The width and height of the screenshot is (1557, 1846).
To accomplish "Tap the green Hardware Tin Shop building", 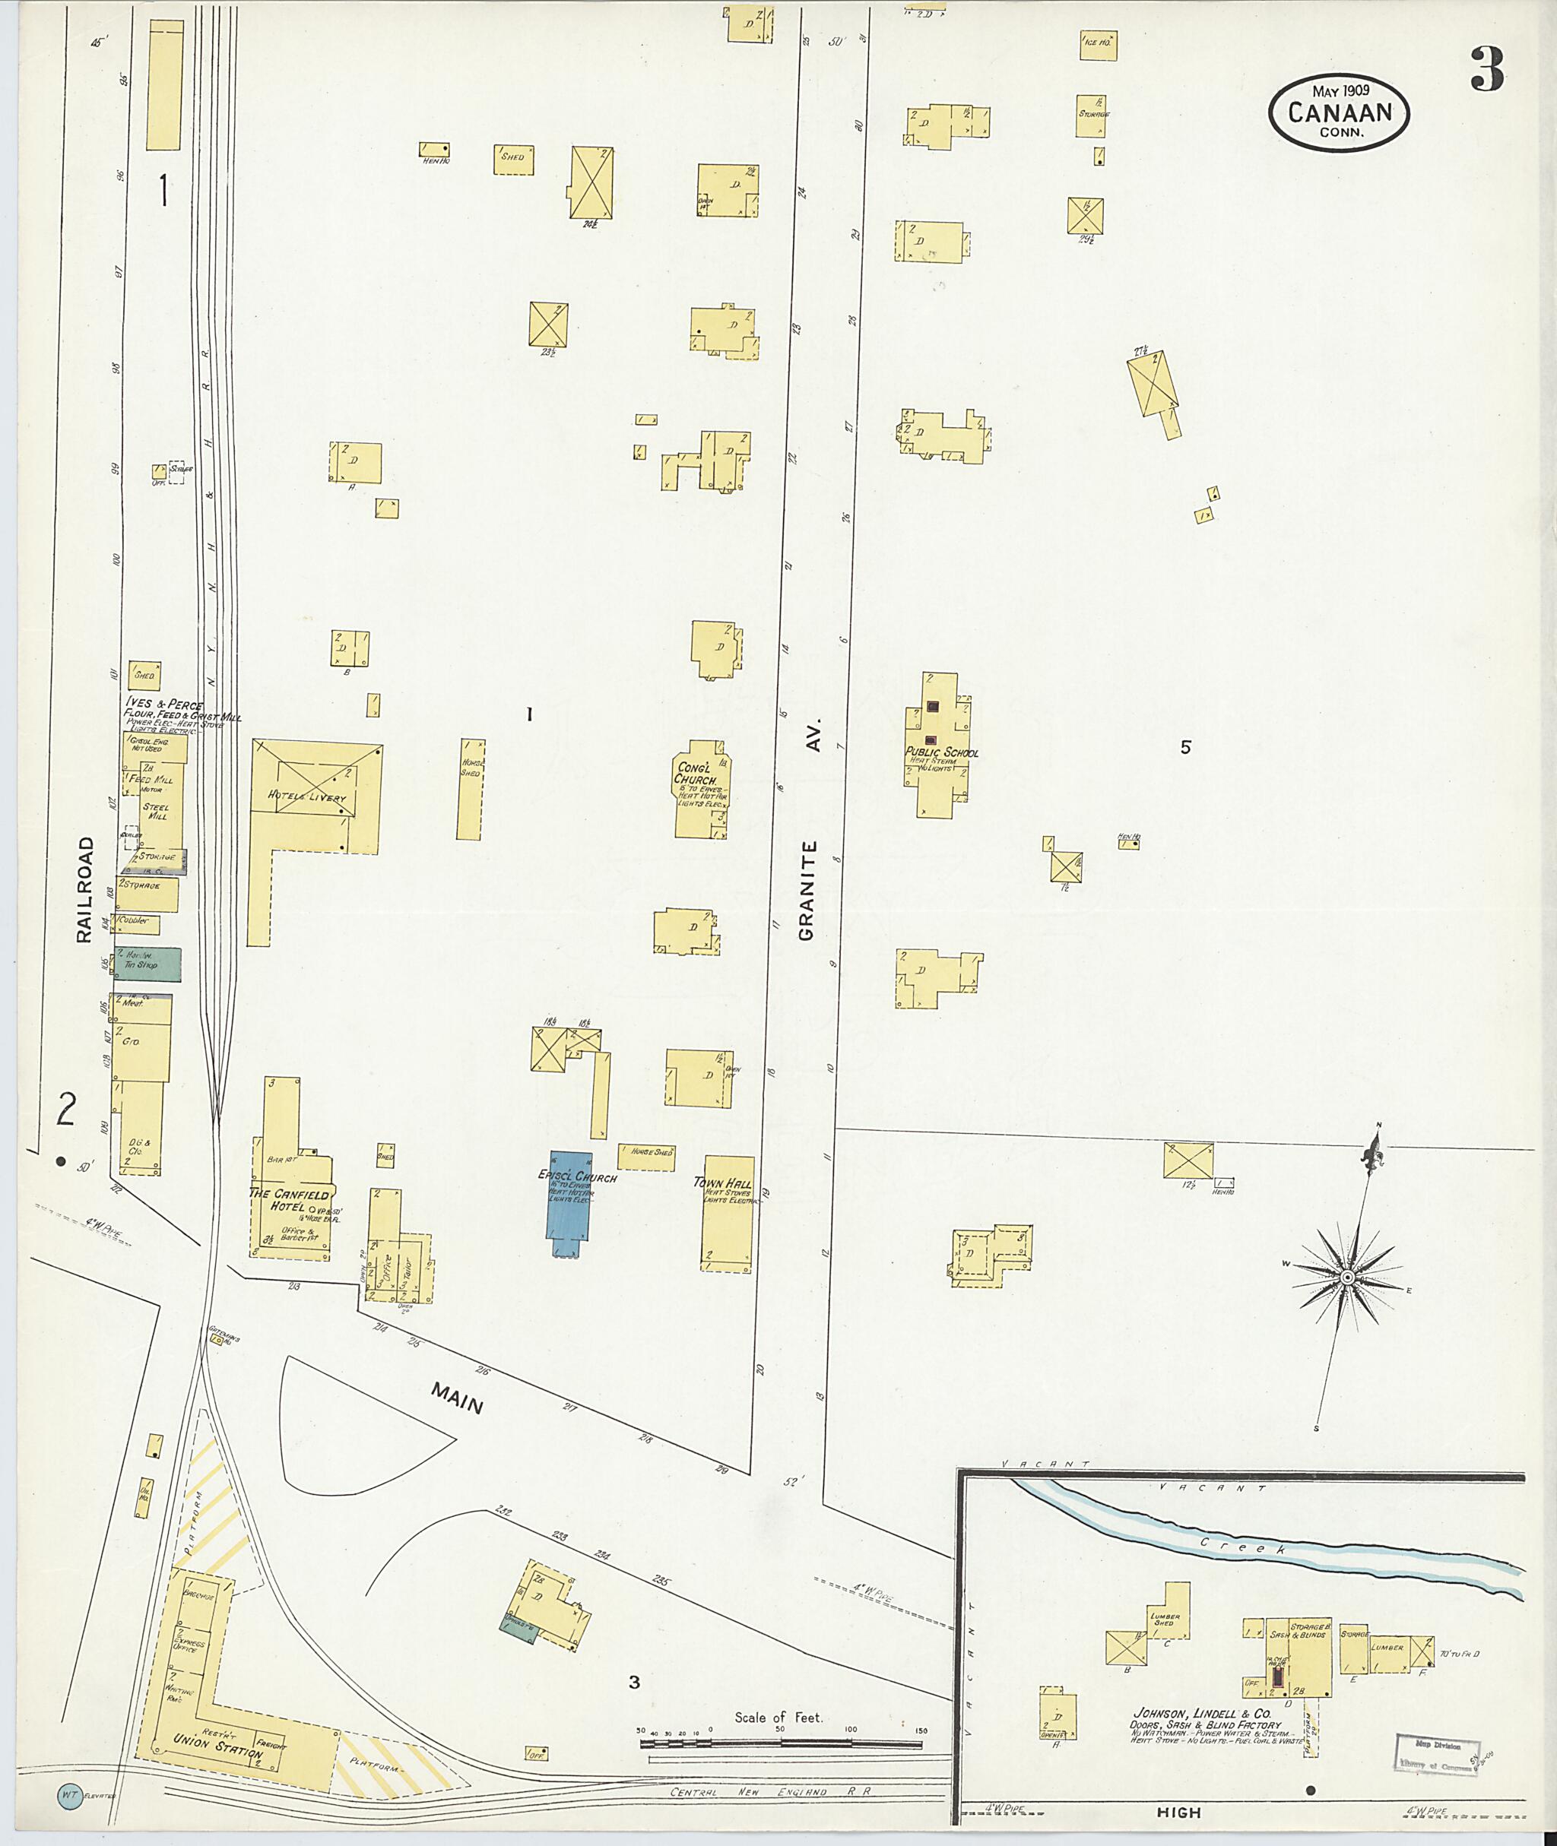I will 147,964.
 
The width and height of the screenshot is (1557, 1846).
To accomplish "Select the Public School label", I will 941,752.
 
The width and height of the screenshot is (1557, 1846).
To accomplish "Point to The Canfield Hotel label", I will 289,1200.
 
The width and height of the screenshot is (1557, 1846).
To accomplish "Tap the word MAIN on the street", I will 456,1398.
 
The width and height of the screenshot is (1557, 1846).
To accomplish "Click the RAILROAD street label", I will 84,889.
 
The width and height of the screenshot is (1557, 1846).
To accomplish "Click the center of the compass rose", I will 1348,1278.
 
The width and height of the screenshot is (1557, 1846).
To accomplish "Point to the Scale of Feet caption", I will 778,1718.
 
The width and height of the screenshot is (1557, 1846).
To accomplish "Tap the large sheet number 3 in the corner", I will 1486,71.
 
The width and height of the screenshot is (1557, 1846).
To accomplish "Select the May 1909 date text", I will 1339,92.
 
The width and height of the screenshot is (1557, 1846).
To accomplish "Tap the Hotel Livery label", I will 307,796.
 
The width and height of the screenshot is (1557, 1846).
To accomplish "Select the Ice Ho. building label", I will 1097,42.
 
